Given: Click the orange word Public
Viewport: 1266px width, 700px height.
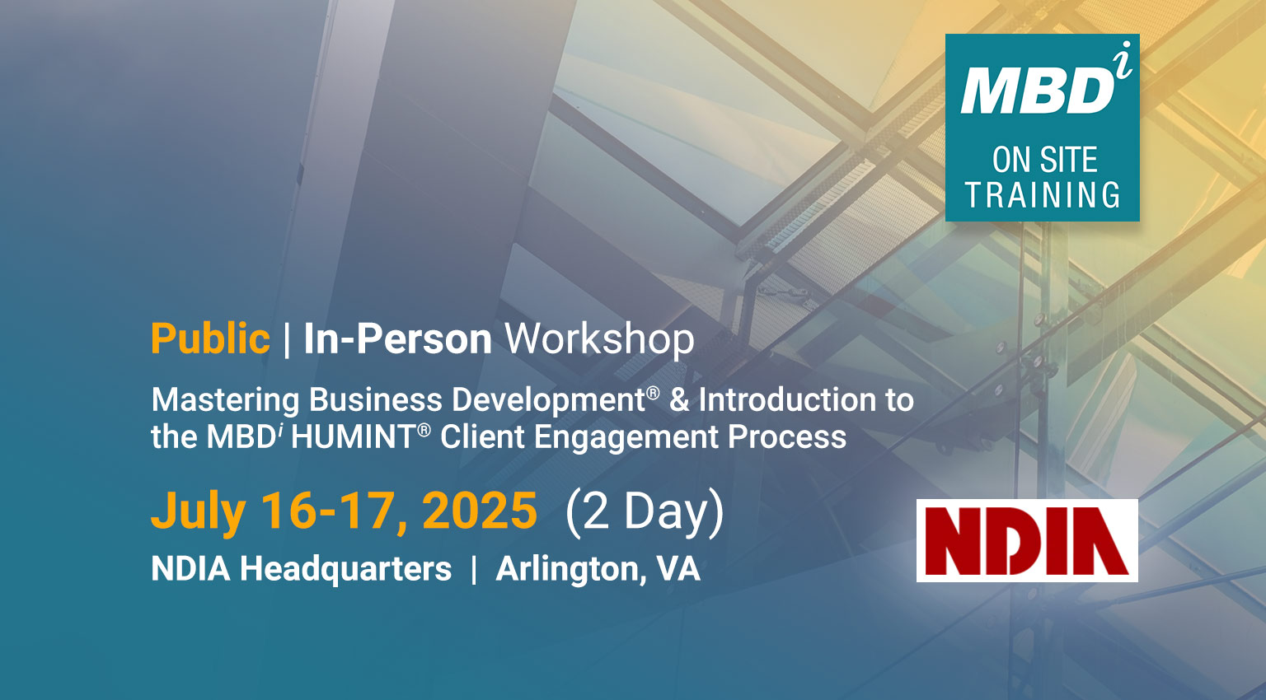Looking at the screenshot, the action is [x=210, y=338].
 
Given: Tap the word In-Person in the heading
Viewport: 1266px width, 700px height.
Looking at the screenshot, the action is [x=398, y=339].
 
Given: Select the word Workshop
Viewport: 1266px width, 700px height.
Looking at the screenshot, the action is [x=599, y=339].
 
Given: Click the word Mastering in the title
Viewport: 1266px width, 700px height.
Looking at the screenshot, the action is [x=226, y=401].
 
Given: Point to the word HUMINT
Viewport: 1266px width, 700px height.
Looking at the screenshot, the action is [x=354, y=437].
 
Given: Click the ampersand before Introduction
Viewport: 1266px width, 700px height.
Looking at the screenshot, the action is [x=679, y=399].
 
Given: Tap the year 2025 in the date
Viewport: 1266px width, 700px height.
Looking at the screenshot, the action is [x=479, y=511].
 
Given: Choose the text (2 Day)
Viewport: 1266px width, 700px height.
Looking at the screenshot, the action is [x=645, y=511].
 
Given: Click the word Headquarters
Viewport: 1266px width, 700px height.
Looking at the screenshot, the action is [x=346, y=568].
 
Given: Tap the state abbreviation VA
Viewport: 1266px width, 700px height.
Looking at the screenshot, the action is [x=678, y=568].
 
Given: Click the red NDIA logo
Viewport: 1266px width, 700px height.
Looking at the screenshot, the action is [x=1027, y=540].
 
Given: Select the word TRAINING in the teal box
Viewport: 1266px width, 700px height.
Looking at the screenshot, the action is [x=1042, y=194].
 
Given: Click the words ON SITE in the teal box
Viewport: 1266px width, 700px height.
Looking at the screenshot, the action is [x=1044, y=160].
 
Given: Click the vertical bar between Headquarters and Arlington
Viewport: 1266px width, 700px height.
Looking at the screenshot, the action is [x=474, y=570].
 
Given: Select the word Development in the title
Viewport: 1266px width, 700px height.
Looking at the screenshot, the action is [x=548, y=401].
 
